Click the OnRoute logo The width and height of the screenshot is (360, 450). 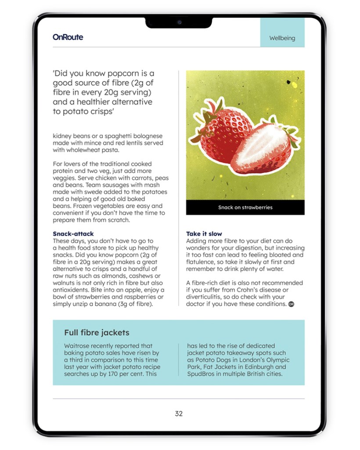[x=68, y=37]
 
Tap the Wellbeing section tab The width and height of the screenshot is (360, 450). [x=282, y=38]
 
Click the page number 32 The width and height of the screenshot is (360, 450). [x=179, y=414]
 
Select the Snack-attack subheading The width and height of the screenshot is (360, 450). [x=73, y=234]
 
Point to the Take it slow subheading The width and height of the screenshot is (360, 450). [x=204, y=234]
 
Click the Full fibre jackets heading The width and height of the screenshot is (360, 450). [x=97, y=333]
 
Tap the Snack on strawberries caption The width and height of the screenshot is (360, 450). [x=245, y=207]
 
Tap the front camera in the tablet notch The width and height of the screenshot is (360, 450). [x=179, y=22]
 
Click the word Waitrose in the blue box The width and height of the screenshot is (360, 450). [x=79, y=346]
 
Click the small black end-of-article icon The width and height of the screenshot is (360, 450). [x=291, y=304]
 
